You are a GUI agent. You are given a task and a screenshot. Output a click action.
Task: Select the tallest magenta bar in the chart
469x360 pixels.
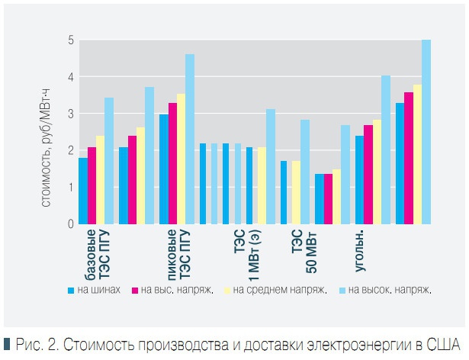408,158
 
